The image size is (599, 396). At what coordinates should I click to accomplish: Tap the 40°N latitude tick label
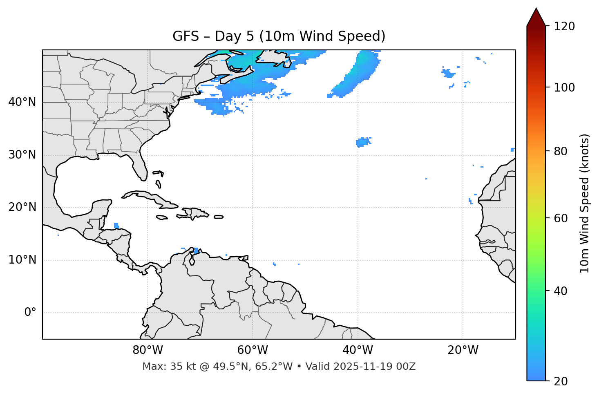click(22, 102)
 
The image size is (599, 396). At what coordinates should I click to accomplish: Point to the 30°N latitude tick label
click(22, 155)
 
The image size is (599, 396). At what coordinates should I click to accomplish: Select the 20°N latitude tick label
click(22, 207)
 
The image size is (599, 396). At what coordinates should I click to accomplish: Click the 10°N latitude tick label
click(22, 260)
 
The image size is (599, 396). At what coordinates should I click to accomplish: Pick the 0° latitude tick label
click(30, 313)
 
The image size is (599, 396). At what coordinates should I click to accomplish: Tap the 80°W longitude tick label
click(148, 350)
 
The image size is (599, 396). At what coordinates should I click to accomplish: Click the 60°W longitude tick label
click(253, 350)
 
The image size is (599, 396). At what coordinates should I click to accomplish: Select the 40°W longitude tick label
click(358, 350)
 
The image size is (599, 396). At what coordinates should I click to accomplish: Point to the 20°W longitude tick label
click(463, 350)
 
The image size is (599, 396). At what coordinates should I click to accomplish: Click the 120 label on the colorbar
click(564, 26)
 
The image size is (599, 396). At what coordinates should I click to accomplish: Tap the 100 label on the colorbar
click(564, 87)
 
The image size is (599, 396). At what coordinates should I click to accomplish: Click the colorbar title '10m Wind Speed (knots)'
click(585, 203)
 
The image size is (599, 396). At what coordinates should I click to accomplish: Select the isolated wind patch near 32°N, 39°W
click(362, 142)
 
